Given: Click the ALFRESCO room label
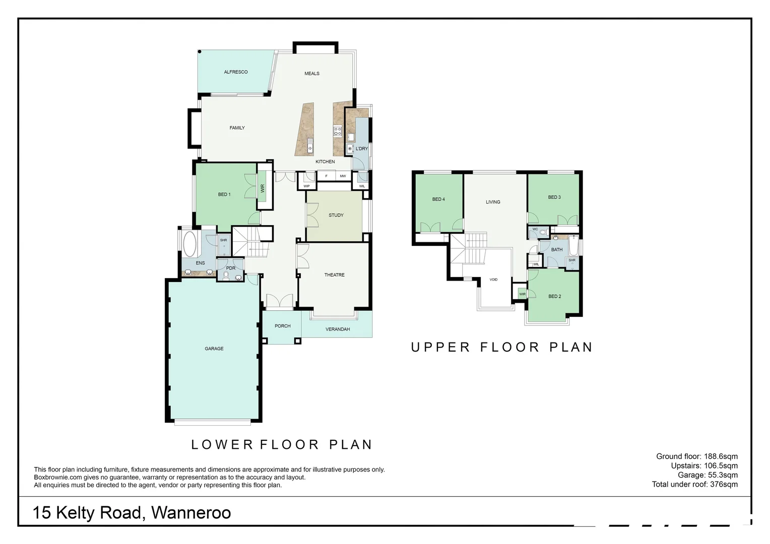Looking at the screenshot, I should (236, 72).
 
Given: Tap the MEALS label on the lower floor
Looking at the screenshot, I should (312, 74).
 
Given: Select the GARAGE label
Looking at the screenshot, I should (214, 349).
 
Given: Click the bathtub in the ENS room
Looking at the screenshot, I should (190, 244).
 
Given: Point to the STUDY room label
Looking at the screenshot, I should (336, 215).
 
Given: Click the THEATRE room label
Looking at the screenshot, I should (335, 275).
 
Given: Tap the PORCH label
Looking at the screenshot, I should (283, 326).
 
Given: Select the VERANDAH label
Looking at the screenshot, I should (338, 329).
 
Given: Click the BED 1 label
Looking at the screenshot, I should (224, 194).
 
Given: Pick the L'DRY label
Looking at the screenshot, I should (362, 149).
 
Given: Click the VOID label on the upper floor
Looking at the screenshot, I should (493, 280).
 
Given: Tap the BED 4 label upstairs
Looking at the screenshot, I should (438, 199).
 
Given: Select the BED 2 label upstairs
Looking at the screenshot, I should (554, 297).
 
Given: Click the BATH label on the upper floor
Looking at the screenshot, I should (557, 250).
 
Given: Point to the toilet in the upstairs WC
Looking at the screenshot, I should (543, 233).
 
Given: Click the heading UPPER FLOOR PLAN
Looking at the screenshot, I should (501, 347).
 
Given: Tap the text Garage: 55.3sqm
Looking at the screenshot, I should (708, 475).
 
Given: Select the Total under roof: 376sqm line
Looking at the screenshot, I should (694, 485).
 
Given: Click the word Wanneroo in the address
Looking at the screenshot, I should (191, 513).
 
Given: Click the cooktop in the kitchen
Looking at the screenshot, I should (337, 131).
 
